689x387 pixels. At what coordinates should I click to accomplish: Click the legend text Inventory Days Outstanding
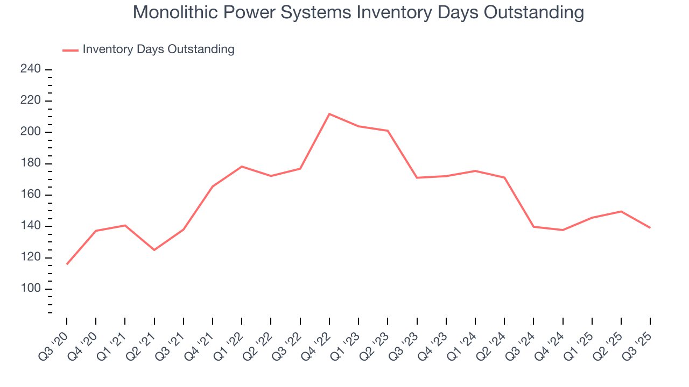[158, 49]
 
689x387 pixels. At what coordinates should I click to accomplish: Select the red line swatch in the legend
[71, 50]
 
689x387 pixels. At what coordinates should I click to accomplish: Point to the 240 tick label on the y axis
[31, 69]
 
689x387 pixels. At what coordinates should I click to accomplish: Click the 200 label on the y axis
[31, 132]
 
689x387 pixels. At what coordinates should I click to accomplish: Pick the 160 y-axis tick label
[31, 195]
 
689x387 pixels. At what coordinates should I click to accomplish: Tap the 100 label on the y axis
[31, 289]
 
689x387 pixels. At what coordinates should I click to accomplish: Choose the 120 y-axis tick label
[31, 257]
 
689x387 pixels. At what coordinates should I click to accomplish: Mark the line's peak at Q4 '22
[329, 114]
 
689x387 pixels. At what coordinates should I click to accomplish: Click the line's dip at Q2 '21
[154, 250]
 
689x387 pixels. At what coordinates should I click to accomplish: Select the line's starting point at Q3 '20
[67, 264]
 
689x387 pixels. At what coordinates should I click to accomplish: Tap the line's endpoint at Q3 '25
[650, 228]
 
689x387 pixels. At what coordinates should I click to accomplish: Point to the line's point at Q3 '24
[533, 227]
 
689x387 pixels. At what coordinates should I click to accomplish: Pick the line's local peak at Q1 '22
[242, 167]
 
